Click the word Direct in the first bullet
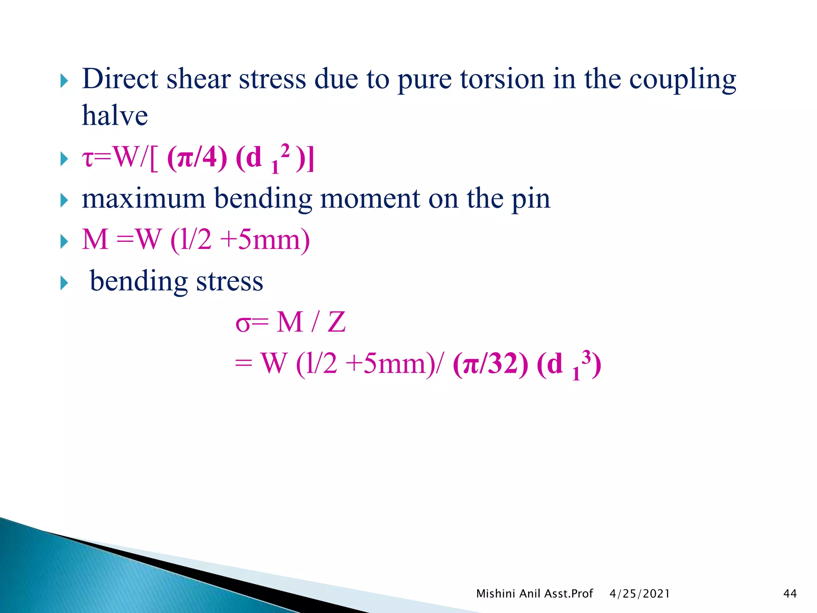[x=120, y=79]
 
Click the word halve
[x=115, y=116]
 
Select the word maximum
[x=144, y=198]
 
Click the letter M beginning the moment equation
[x=95, y=240]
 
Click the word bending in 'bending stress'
[x=138, y=282]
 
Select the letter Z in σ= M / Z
[x=336, y=322]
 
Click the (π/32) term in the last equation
[x=490, y=364]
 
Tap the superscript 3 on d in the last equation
[x=586, y=356]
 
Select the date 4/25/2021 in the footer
[x=639, y=594]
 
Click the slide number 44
[x=790, y=594]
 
